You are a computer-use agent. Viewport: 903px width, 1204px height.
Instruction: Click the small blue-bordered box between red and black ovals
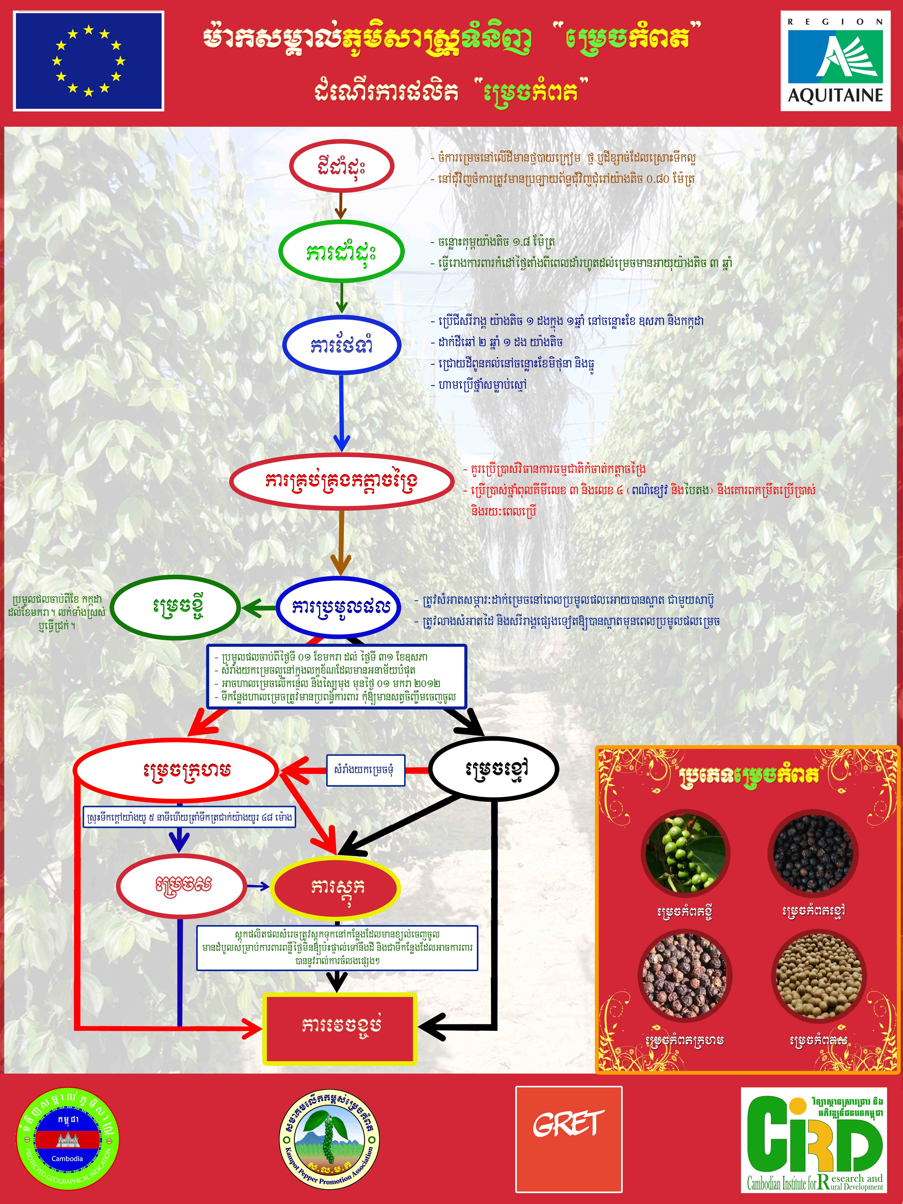pyautogui.click(x=365, y=770)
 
